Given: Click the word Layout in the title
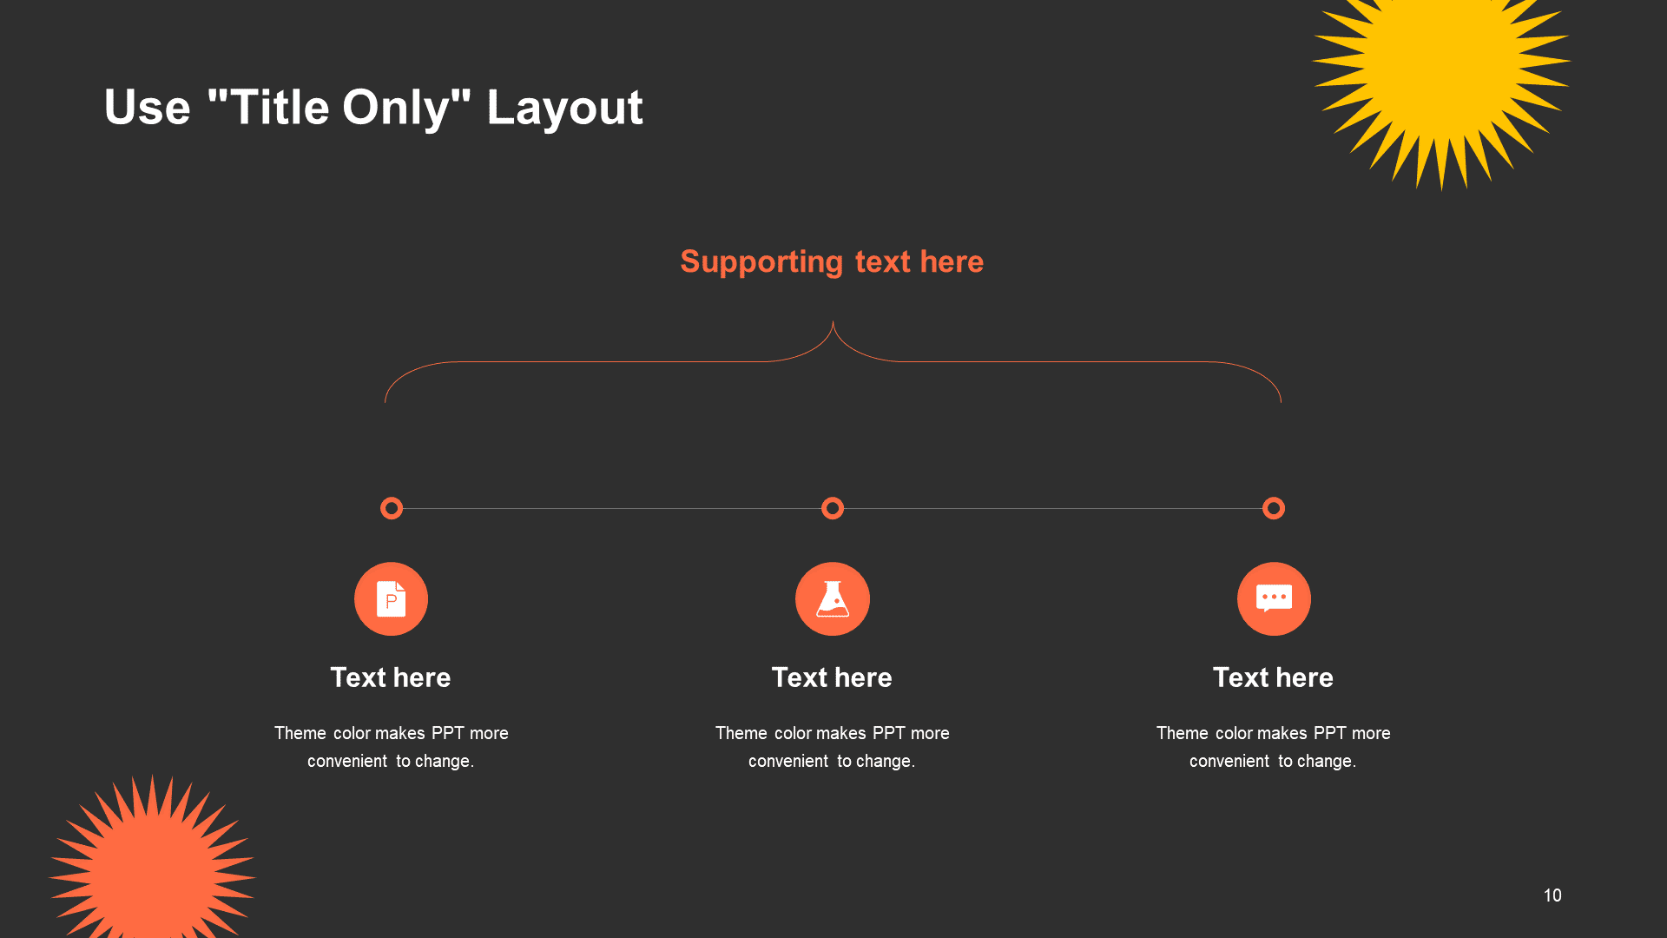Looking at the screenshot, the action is (x=564, y=108).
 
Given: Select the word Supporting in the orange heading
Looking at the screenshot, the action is (x=761, y=262).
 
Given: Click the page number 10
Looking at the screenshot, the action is (x=1552, y=895).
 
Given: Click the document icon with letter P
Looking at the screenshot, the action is (x=391, y=599).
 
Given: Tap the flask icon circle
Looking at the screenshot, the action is (x=833, y=599).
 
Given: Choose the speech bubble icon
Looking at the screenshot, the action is (x=1274, y=599).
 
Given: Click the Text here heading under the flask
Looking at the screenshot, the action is (x=832, y=677).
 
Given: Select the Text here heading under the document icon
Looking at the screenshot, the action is (x=391, y=677).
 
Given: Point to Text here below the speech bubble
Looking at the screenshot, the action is (x=1273, y=677).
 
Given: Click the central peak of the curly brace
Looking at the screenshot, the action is (x=833, y=322).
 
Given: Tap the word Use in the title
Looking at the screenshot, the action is (x=148, y=108).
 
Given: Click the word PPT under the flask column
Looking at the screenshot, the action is (x=889, y=733).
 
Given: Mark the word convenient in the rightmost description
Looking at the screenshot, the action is (x=1229, y=761).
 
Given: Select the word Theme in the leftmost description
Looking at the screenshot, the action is (x=300, y=733).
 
